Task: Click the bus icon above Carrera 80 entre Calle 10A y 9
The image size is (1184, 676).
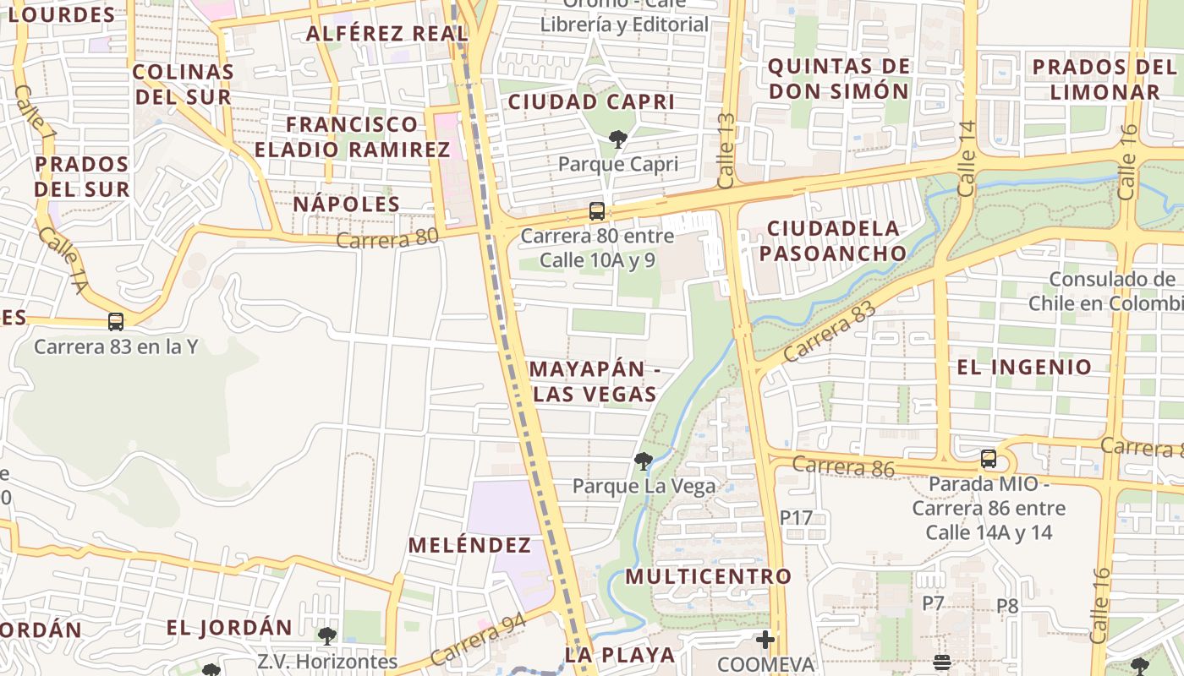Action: point(597,211)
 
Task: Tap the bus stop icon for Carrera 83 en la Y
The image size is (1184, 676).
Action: point(116,322)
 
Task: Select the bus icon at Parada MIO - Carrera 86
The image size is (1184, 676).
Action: point(989,459)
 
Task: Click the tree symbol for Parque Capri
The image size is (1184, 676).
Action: point(618,139)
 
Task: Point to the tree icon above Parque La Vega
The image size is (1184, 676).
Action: point(644,461)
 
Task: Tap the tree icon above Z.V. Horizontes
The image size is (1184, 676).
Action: point(327,635)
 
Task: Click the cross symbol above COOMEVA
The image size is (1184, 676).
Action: point(765,640)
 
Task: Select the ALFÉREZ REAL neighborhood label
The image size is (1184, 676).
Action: point(387,34)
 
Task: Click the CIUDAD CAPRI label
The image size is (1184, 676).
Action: point(591,102)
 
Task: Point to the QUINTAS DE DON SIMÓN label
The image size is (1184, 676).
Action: point(839,79)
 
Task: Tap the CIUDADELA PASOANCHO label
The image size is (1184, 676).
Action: point(833,241)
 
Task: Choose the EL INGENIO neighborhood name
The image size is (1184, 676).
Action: point(1024,367)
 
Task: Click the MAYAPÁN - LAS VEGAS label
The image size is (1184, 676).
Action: point(595,382)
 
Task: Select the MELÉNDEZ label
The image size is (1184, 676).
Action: point(470,545)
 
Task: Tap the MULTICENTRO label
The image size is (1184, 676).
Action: point(709,576)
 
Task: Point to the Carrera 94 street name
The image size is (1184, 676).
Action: point(478,639)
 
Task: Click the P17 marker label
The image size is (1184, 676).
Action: point(796,517)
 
